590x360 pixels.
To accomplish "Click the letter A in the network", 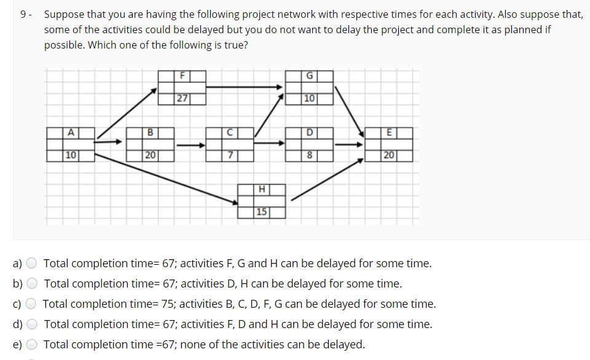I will point(71,131).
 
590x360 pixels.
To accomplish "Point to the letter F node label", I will point(182,76).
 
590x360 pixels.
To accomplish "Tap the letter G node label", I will point(310,76).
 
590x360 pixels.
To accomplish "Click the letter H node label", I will point(262,189).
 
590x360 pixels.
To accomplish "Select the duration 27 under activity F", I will point(182,98).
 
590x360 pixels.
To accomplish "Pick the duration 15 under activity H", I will point(262,212).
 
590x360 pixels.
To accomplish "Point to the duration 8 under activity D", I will point(310,155).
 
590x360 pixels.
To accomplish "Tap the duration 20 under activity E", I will point(388,155).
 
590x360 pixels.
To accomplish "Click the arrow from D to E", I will point(349,145).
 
